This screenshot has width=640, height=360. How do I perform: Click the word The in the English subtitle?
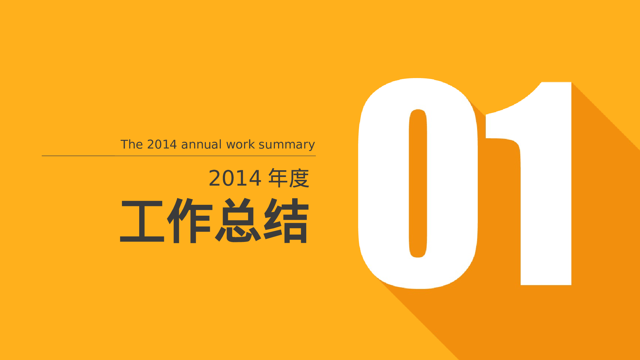(x=132, y=144)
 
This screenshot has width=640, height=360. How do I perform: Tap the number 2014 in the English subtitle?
(x=162, y=144)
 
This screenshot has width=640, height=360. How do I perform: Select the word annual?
(x=201, y=144)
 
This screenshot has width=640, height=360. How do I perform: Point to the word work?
(x=240, y=144)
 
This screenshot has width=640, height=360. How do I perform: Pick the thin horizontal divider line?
(x=179, y=156)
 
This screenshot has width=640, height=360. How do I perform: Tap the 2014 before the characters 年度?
(x=235, y=178)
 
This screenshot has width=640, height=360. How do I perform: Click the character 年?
(x=278, y=178)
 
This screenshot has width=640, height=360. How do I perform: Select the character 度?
(x=299, y=178)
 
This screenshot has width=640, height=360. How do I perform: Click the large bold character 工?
(x=142, y=221)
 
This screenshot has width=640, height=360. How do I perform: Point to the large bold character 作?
(x=190, y=221)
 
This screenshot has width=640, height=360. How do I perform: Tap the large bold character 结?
(x=286, y=221)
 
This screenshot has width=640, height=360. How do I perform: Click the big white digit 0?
(x=384, y=183)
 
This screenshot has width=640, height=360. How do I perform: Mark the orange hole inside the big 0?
(x=418, y=183)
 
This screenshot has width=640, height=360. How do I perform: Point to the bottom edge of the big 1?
(x=546, y=284)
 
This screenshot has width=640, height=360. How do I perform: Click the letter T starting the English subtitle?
(x=124, y=144)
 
